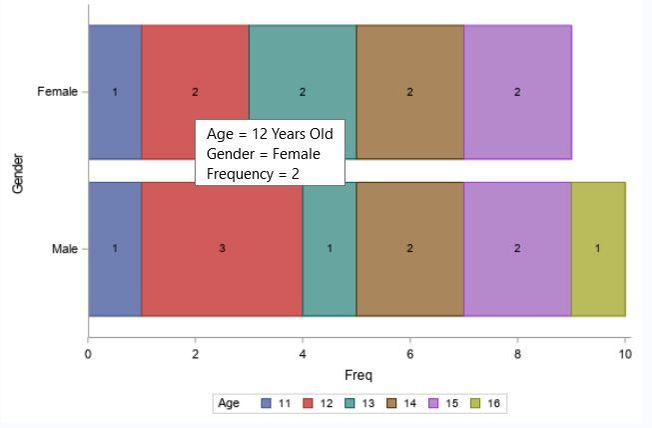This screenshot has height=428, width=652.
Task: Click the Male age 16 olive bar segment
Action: tap(597, 249)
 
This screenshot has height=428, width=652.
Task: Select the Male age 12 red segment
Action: tap(222, 270)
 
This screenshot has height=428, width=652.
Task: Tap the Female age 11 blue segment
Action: tap(115, 92)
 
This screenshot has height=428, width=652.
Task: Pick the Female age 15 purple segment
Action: tap(517, 92)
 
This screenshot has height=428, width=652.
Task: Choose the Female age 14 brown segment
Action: tap(409, 92)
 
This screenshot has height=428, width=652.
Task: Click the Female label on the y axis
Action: tap(57, 92)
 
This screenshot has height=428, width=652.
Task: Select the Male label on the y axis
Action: tap(64, 249)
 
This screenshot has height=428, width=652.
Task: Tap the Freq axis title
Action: tap(357, 376)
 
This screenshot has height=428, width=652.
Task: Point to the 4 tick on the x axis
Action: tap(303, 353)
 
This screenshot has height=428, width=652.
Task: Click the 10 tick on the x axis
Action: tap(624, 353)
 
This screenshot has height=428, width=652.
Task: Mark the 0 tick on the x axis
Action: tap(89, 353)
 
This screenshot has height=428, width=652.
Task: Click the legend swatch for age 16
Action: tap(474, 404)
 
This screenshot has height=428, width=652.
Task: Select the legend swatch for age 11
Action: tap(267, 404)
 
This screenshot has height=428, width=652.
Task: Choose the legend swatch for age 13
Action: tap(349, 404)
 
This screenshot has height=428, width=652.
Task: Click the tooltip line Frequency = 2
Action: tap(253, 173)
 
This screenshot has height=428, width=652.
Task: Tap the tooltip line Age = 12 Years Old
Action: tap(270, 134)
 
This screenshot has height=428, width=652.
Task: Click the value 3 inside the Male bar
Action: tap(222, 249)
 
